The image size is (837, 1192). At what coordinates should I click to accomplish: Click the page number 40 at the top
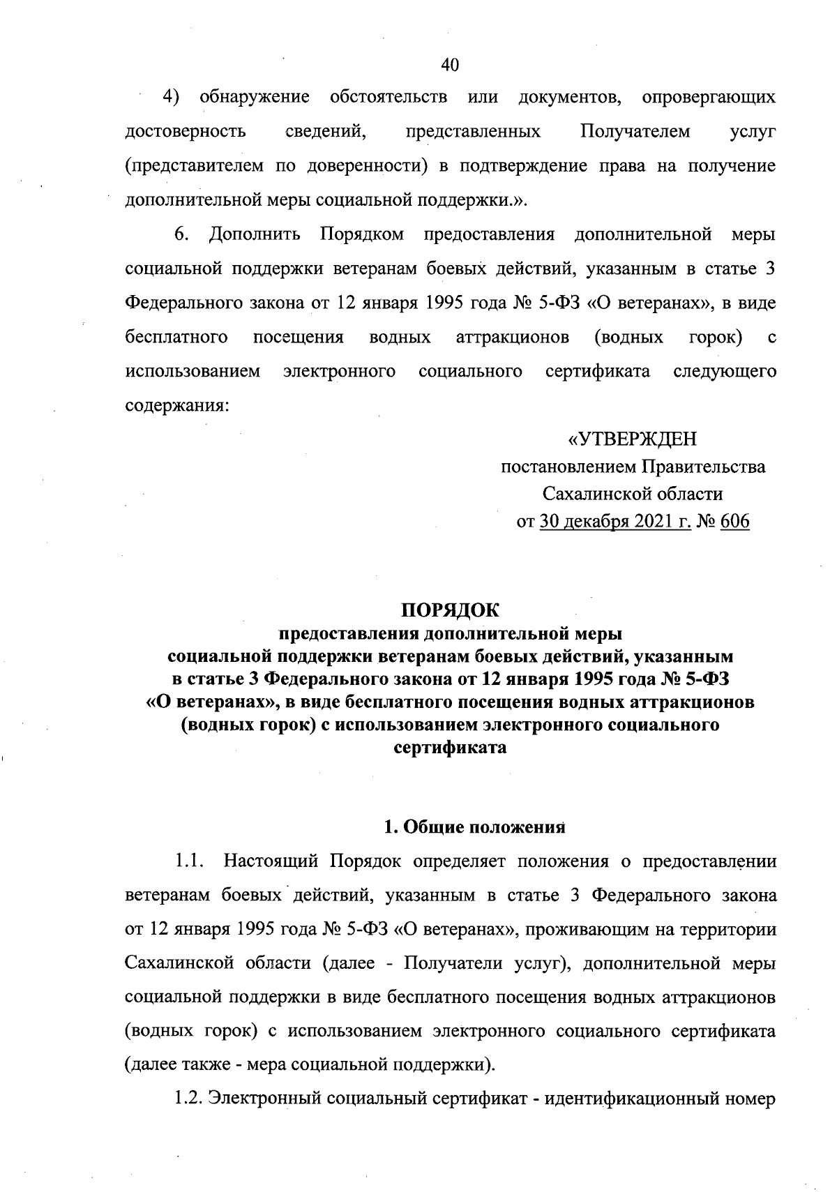click(x=450, y=65)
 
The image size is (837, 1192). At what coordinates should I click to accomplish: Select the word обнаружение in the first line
click(x=255, y=96)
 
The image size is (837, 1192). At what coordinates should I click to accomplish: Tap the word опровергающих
click(x=708, y=97)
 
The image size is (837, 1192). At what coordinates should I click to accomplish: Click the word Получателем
click(x=635, y=131)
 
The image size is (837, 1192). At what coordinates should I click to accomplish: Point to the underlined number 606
click(x=734, y=522)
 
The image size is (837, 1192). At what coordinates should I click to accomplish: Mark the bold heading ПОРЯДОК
click(x=450, y=610)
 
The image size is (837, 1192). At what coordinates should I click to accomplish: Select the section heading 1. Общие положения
click(x=474, y=827)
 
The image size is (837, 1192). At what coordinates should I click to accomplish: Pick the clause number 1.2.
click(x=188, y=1100)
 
